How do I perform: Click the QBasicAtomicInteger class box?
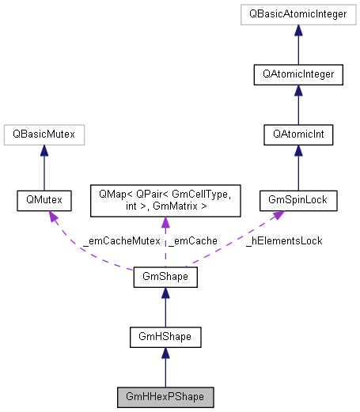[x=298, y=14]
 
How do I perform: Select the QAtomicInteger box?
[x=298, y=75]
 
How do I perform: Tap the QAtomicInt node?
[x=298, y=135]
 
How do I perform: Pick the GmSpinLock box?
[x=298, y=201]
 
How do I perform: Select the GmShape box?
[x=165, y=278]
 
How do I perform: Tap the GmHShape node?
[x=165, y=338]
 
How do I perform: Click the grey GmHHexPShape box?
[x=165, y=395]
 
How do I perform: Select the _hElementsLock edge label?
[x=283, y=240]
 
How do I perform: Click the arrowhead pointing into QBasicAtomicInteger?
[x=298, y=29]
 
